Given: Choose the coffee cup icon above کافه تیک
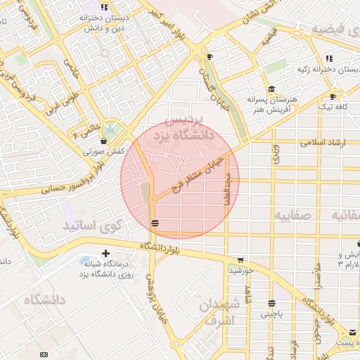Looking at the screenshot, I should point(333,96).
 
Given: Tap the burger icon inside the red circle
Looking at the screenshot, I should point(154,223).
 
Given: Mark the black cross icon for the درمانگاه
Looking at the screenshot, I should point(105,253).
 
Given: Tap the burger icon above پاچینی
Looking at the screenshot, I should point(271,304).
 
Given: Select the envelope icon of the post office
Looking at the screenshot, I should point(352,332).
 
